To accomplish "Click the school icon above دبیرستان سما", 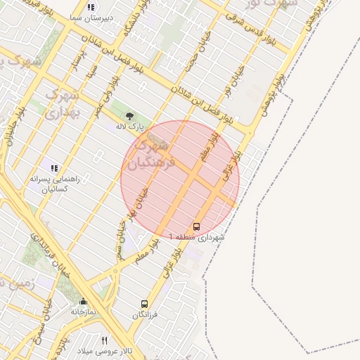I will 91,7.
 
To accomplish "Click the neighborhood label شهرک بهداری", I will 63,103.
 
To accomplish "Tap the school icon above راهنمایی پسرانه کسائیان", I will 54,167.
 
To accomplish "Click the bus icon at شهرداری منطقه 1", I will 196,226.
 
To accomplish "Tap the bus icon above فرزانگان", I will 144,304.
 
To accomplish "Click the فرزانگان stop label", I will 147,315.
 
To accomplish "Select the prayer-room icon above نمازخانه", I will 83,300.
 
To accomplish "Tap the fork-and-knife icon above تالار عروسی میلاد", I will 105,340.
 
